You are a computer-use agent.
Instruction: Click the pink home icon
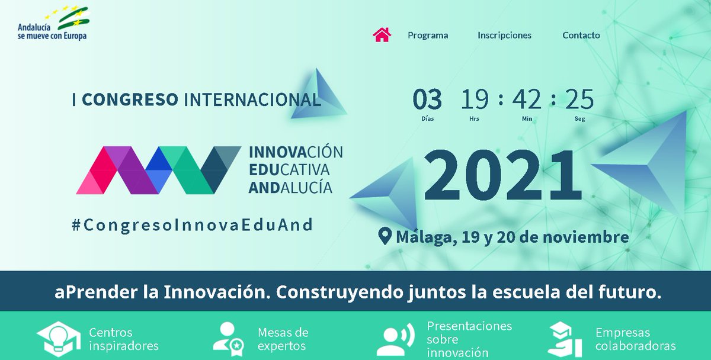[x=382, y=34]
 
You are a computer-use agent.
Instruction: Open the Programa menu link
[x=428, y=36]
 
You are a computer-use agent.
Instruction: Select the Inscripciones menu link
[x=504, y=36]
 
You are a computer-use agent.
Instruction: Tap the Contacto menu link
[x=581, y=36]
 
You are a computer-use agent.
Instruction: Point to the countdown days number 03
[x=427, y=100]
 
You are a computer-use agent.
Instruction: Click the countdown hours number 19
[x=475, y=100]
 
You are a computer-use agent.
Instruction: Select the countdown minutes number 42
[x=527, y=100]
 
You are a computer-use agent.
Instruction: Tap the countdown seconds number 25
[x=579, y=100]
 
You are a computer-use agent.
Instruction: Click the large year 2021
[x=503, y=176]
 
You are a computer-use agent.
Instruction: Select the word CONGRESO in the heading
[x=130, y=99]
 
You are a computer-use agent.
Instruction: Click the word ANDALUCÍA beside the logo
[x=291, y=187]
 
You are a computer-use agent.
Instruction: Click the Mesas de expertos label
[x=282, y=339]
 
